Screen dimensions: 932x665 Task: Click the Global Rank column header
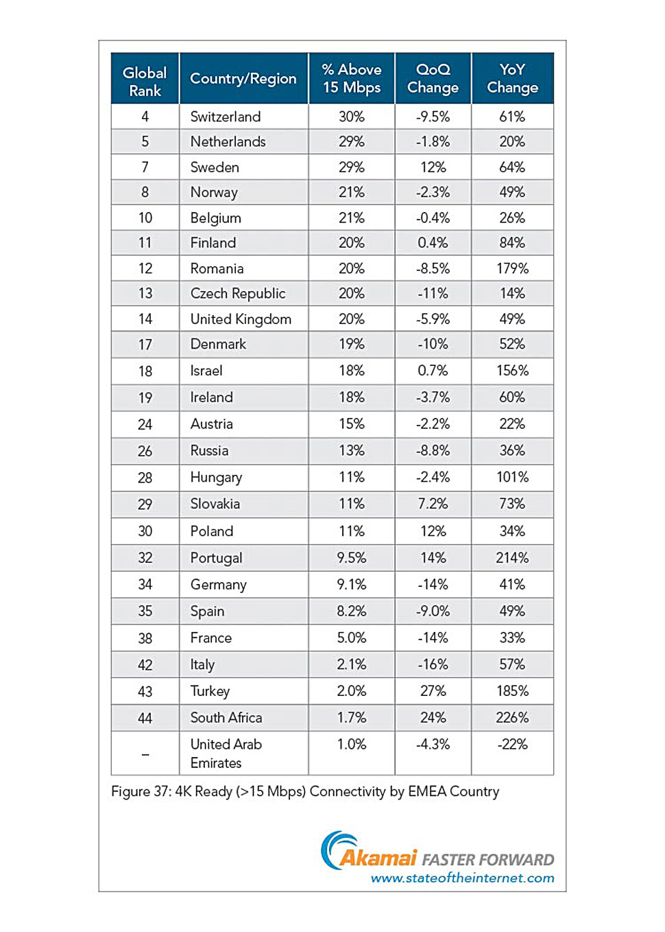[145, 81]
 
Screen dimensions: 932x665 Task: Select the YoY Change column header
[512, 78]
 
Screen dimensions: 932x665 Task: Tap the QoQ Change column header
[433, 78]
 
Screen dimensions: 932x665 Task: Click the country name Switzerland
[226, 117]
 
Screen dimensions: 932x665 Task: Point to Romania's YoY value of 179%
[512, 268]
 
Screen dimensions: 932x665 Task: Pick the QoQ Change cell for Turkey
[433, 691]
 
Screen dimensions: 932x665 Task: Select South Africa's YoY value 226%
[512, 718]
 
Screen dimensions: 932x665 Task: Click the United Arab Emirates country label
[226, 754]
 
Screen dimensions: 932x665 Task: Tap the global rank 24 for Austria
[145, 424]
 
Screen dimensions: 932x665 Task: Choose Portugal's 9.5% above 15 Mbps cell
[351, 558]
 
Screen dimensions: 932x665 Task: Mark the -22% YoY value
[512, 745]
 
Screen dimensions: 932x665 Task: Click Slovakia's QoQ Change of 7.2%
[433, 504]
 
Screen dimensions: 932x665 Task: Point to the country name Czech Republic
[237, 294]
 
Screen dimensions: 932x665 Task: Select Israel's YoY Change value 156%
[512, 371]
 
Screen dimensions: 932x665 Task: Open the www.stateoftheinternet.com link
[462, 878]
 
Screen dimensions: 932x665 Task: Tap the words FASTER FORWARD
[487, 860]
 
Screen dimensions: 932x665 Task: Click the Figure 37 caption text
[305, 791]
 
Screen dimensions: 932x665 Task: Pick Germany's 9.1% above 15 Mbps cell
[351, 585]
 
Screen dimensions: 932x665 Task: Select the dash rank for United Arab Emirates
[145, 754]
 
